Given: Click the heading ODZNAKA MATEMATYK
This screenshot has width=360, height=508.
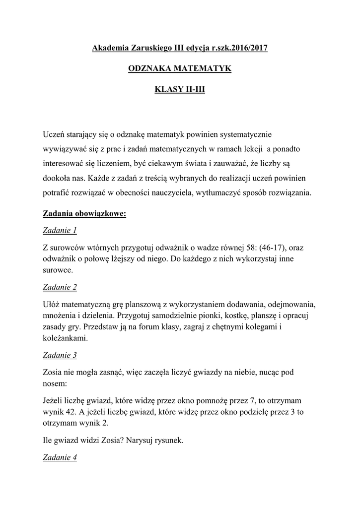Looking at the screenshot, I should point(180,68).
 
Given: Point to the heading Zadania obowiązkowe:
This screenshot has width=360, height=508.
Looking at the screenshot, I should point(85,214).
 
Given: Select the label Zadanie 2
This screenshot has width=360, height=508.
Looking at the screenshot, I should point(60,287).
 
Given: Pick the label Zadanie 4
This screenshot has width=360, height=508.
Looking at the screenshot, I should point(60,458).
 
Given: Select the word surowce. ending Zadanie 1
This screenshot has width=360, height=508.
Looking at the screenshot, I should point(58,270).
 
